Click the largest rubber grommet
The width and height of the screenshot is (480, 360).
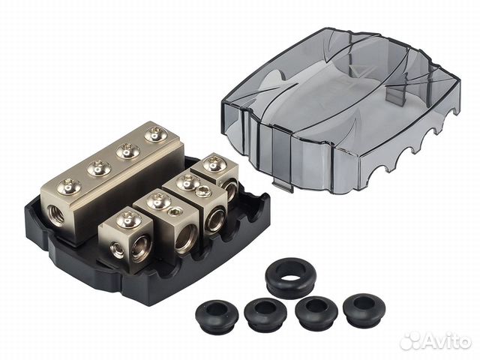click(x=290, y=272)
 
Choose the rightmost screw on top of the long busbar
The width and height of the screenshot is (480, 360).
click(x=155, y=134)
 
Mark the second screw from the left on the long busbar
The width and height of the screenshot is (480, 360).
click(x=98, y=168)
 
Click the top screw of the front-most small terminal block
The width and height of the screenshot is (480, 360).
click(x=127, y=220)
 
